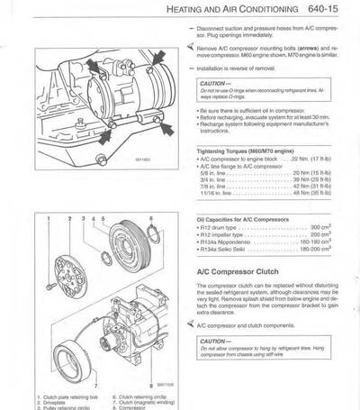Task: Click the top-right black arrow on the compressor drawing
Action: coord(160,61)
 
